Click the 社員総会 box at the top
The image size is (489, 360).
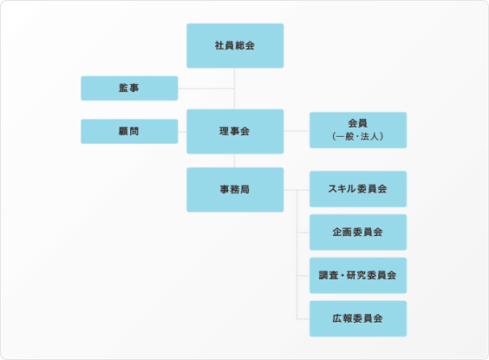tap(234, 45)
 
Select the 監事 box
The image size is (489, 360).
tap(129, 88)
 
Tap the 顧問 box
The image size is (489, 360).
tap(129, 131)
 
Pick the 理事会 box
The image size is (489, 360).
tap(234, 131)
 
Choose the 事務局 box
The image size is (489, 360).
tap(234, 189)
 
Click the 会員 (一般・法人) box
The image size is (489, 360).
tap(357, 130)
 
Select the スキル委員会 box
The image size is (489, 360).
tap(357, 188)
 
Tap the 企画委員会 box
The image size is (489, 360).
tap(357, 232)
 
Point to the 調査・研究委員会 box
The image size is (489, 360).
tap(357, 275)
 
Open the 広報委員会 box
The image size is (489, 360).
tap(357, 319)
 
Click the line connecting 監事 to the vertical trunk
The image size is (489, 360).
tap(206, 88)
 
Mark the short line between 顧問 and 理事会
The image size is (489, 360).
tap(182, 131)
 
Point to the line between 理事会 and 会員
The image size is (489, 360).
tap(297, 131)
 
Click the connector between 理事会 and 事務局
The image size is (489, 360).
tap(234, 160)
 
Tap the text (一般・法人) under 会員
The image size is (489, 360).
tap(357, 138)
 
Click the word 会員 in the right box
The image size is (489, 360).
tap(357, 123)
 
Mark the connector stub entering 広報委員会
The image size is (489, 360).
tap(304, 319)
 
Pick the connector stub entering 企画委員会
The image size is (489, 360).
tap(304, 232)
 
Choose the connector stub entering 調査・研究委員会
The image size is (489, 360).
tap(304, 275)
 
